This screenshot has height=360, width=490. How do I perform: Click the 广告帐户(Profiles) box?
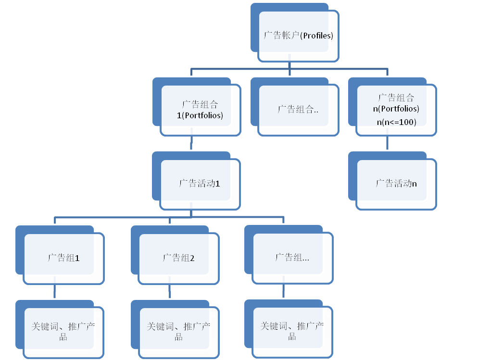[x=298, y=36]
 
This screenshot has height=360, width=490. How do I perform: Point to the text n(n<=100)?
[x=396, y=122]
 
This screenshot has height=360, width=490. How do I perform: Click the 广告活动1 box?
[x=200, y=184]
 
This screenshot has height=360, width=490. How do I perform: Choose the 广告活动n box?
[x=396, y=184]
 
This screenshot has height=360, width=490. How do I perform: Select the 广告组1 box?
[x=63, y=258]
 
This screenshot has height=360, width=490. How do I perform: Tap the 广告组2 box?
[x=178, y=258]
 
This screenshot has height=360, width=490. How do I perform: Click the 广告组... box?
[x=292, y=258]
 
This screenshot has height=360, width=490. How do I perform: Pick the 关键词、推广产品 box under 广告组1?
[x=63, y=331]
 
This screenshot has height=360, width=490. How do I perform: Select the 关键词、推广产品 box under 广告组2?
[x=178, y=331]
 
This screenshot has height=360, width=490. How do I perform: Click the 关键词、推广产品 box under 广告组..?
[x=292, y=331]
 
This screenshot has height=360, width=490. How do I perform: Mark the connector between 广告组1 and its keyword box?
[x=54, y=291]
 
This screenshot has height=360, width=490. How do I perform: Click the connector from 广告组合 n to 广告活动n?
[x=388, y=143]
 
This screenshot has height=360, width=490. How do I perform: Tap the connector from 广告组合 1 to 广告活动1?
[x=192, y=143]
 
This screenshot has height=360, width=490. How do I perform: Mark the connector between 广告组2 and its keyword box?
[x=170, y=291]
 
